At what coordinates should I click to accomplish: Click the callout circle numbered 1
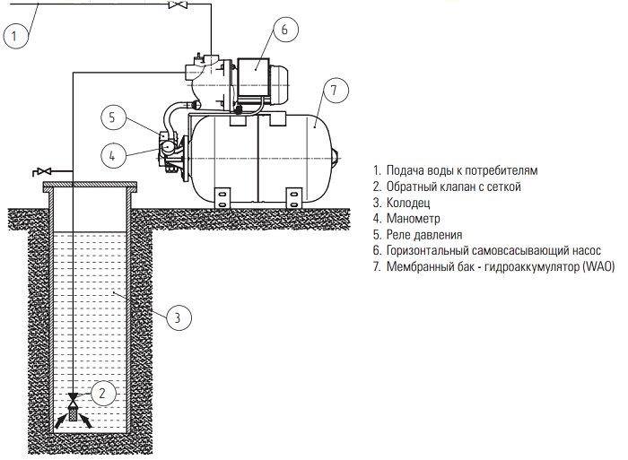[x=15, y=36]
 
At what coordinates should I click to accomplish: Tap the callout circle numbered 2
[x=103, y=393]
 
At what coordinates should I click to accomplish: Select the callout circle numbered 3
[x=178, y=317]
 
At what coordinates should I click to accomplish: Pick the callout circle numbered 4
[x=112, y=155]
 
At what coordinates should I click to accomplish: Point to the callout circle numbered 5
[x=112, y=117]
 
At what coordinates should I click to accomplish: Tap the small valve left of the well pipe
[x=44, y=171]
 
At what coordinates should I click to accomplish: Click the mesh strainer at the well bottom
[x=73, y=412]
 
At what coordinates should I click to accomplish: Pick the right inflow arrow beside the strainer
[x=86, y=421]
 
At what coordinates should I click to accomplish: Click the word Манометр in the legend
[x=413, y=219]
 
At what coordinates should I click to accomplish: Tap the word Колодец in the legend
[x=408, y=203]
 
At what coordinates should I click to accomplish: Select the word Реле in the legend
[x=399, y=235]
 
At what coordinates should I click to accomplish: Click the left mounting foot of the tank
[x=222, y=198]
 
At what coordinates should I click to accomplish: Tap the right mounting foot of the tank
[x=293, y=198]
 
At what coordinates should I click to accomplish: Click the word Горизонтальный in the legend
[x=427, y=251]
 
